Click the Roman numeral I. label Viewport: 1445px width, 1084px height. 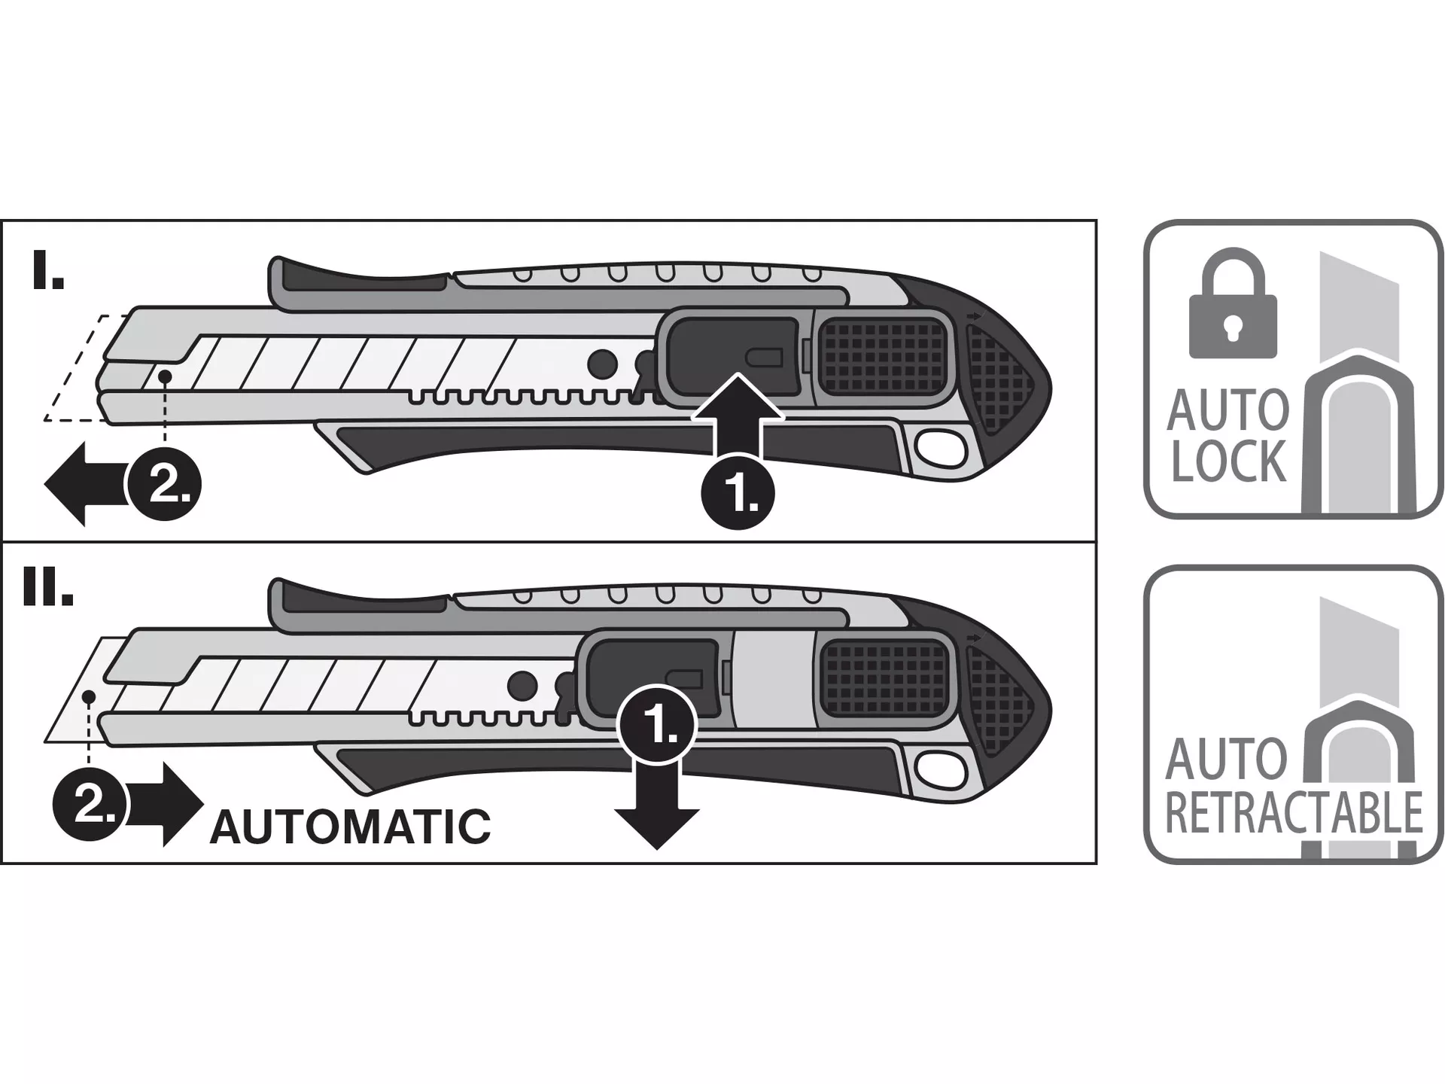[x=48, y=272]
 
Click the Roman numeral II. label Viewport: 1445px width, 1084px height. [x=48, y=588]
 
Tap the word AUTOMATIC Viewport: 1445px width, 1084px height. [x=350, y=827]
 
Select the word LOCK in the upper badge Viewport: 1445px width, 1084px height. [x=1228, y=461]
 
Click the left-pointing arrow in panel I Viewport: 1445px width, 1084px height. [x=79, y=483]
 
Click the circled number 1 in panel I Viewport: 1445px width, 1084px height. [x=738, y=492]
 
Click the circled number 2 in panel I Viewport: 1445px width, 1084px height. [x=164, y=483]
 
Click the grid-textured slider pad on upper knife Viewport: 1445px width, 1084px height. [x=882, y=355]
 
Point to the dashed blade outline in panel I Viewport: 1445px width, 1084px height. [x=75, y=369]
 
